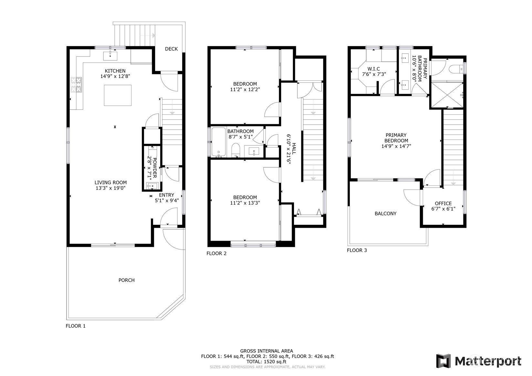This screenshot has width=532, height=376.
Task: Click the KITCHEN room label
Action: click(115, 71)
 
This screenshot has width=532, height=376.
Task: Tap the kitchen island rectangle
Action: click(118, 95)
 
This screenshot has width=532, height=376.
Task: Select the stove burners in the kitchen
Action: click(77, 85)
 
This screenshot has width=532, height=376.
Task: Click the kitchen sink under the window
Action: click(110, 56)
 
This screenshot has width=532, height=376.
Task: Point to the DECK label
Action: click(171, 49)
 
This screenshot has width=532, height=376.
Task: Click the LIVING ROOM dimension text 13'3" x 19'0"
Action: click(110, 188)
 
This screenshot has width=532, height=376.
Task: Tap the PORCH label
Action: click(126, 280)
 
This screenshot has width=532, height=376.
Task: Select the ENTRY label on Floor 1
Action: click(166, 195)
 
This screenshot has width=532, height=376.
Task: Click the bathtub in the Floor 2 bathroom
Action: click(219, 142)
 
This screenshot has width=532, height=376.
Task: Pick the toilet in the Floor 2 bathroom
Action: click(236, 150)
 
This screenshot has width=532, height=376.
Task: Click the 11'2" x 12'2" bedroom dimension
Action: click(245, 89)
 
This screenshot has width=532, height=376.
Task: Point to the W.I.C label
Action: click(373, 69)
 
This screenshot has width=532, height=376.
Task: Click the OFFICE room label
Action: click(443, 203)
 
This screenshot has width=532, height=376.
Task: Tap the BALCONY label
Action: click(385, 214)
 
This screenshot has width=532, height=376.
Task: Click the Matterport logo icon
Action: click(443, 361)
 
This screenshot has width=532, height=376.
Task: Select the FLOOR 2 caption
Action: click(216, 253)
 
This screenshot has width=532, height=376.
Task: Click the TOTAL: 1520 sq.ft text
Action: click(266, 362)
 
